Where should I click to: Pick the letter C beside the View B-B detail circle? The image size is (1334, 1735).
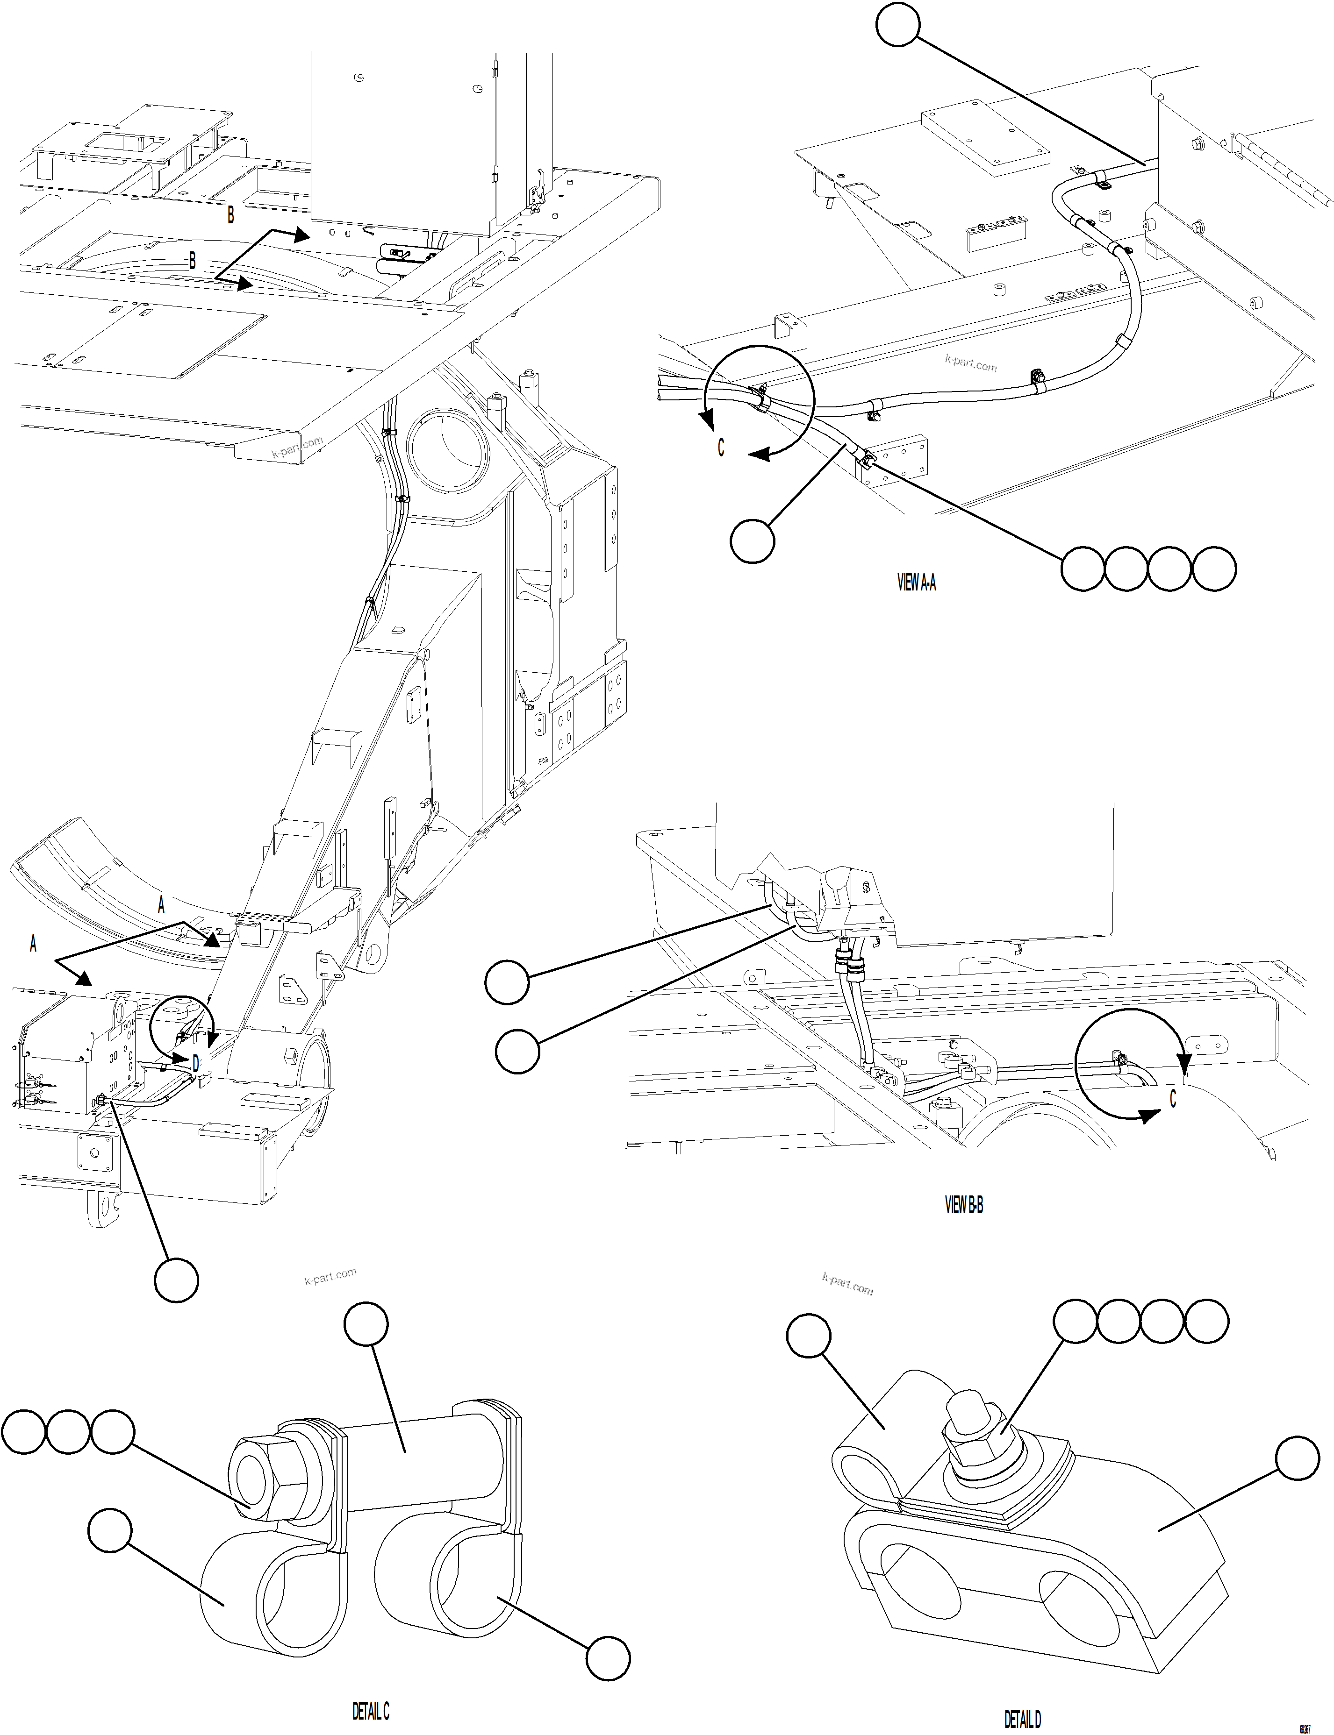[x=1173, y=1098]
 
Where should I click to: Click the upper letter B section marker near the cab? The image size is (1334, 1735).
[x=230, y=214]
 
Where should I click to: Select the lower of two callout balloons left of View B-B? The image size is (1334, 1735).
[x=517, y=1052]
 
